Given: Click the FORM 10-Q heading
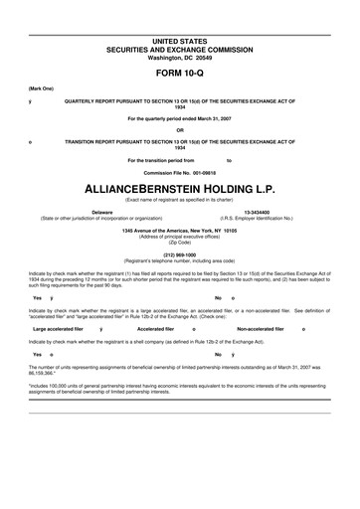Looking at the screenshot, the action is (x=179, y=74).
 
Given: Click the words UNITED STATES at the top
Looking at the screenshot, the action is (x=179, y=41).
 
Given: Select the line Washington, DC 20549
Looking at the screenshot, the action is (x=179, y=57).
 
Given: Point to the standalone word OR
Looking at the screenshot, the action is (x=179, y=129).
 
